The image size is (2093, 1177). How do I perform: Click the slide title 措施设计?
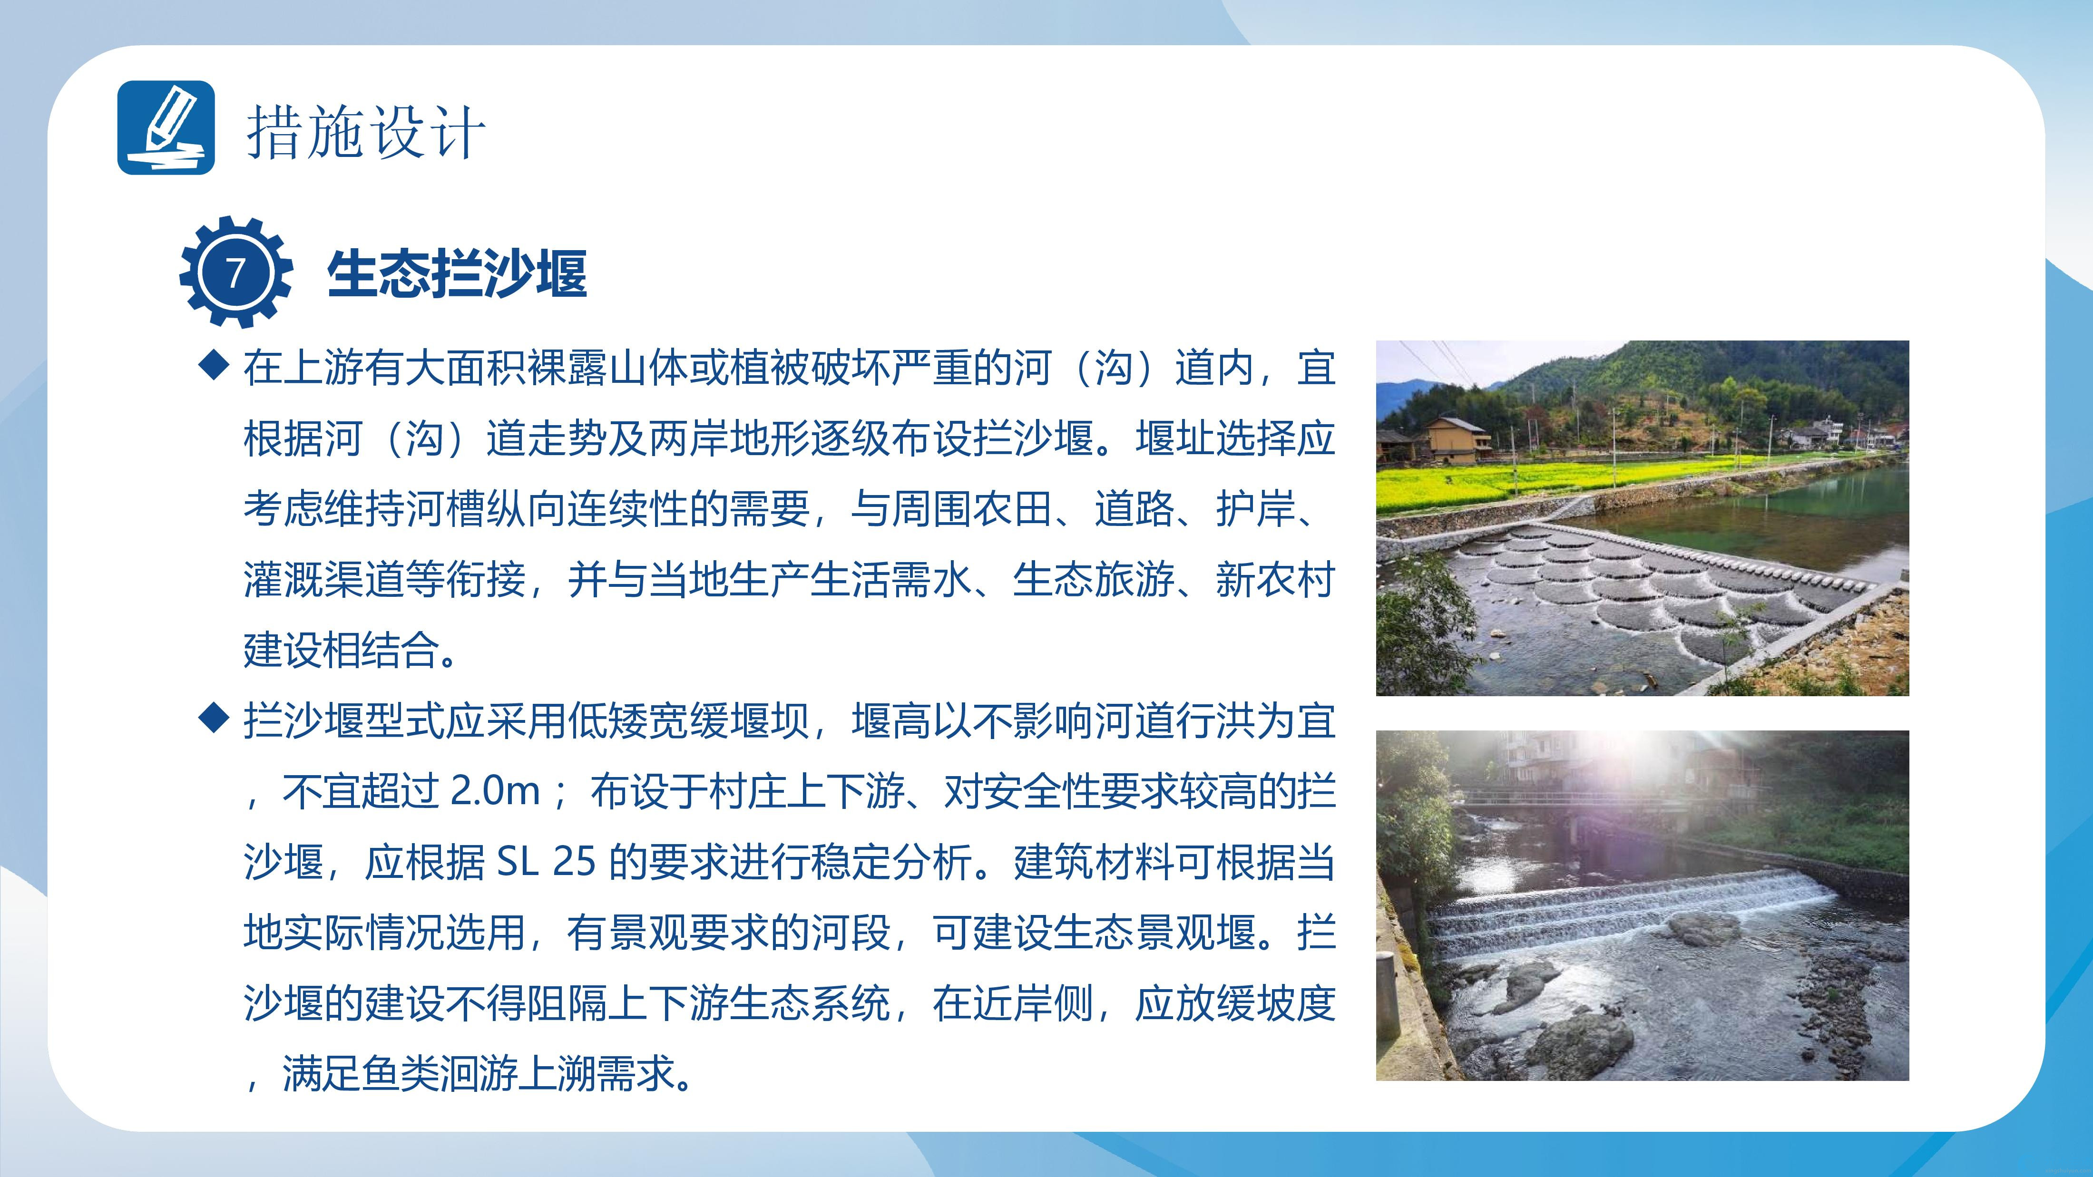click(366, 132)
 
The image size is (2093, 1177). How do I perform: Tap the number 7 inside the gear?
click(235, 273)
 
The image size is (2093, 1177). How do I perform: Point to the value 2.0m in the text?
click(495, 790)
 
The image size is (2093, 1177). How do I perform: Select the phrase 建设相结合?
click(341, 650)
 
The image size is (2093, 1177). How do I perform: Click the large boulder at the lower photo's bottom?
click(1580, 1044)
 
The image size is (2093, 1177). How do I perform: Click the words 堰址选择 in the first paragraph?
click(1215, 438)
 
